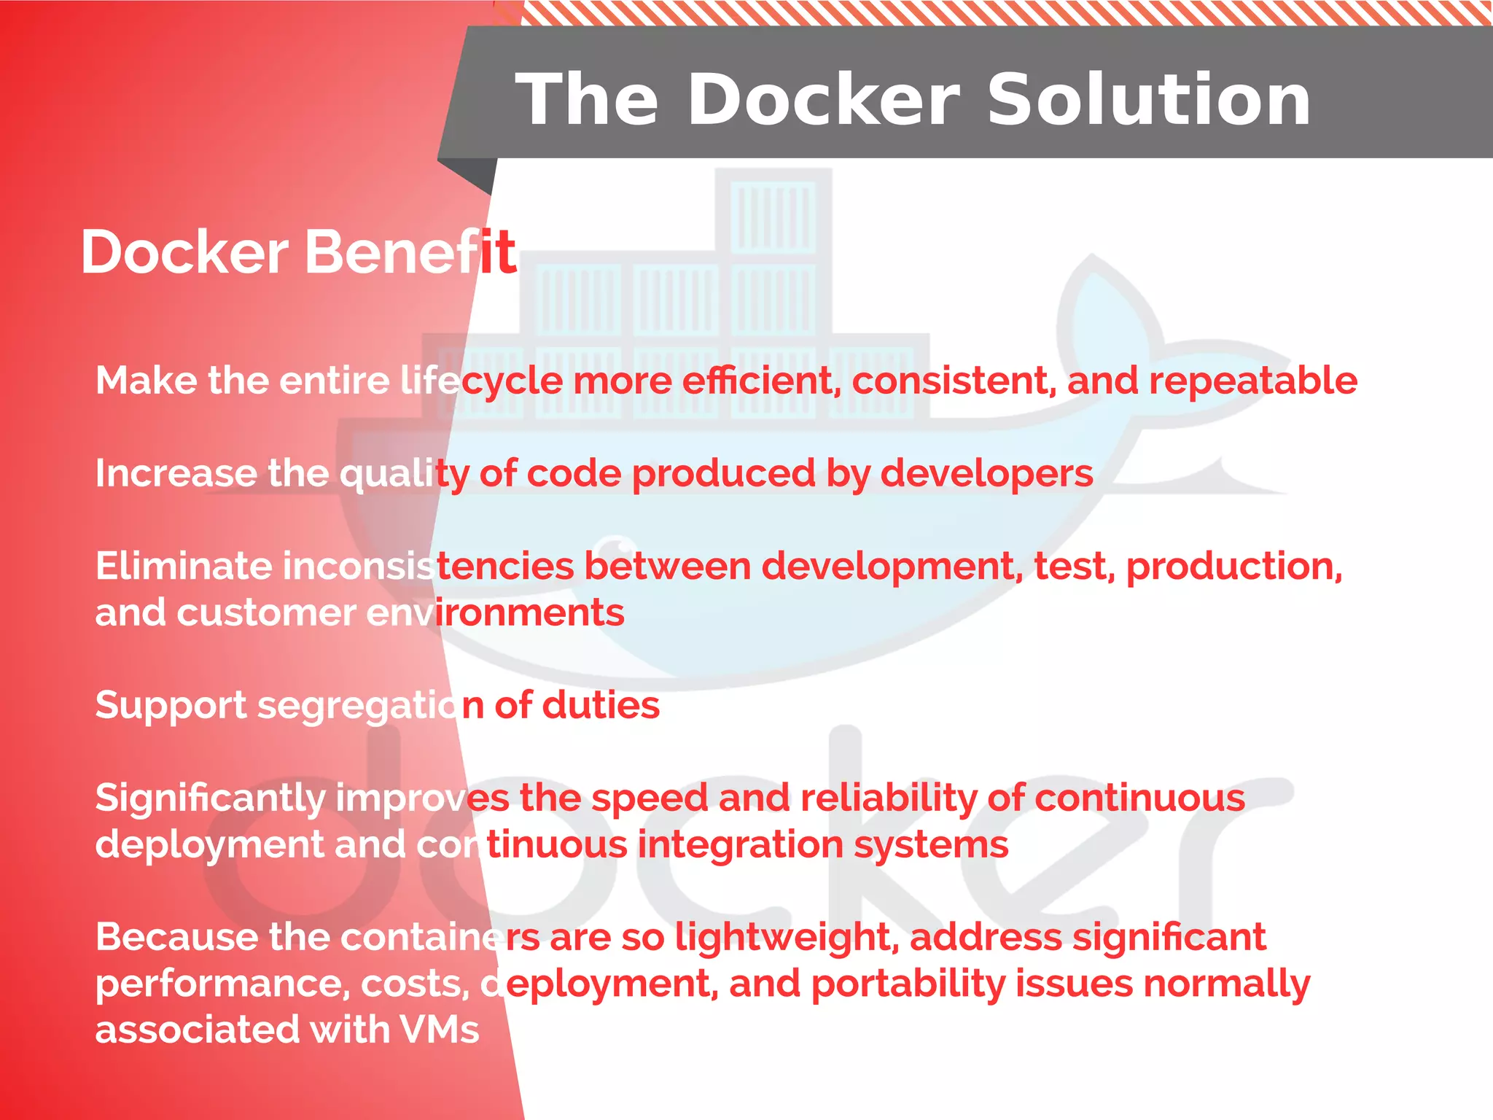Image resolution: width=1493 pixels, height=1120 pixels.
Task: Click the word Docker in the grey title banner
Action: coord(824,100)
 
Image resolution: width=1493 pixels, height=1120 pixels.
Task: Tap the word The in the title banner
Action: coord(587,100)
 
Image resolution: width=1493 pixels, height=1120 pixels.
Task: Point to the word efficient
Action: coord(762,381)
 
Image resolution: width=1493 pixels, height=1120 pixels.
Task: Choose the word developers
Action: coord(987,474)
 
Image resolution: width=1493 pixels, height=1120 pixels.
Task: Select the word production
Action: coord(1233,567)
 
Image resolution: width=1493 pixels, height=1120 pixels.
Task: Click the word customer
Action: coord(265,612)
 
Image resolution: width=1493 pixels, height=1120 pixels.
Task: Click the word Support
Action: coord(171,706)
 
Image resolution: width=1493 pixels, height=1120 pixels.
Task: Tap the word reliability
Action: coord(888,798)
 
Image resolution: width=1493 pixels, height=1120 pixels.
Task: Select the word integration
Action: coord(740,845)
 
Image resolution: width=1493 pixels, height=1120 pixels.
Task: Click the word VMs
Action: coord(440,1030)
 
